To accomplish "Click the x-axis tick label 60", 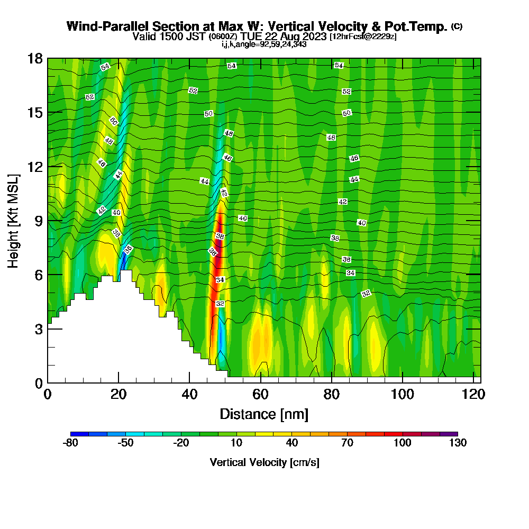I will tap(260, 395).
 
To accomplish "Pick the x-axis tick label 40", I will tap(189, 395).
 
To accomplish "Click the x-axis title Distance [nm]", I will tap(264, 414).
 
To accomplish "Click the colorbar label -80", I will tap(70, 443).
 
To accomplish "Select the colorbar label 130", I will tap(458, 443).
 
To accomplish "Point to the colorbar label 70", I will tap(347, 443).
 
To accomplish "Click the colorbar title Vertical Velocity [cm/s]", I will tap(264, 462).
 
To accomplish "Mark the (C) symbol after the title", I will tap(457, 26).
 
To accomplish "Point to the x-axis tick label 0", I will tap(48, 395).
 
